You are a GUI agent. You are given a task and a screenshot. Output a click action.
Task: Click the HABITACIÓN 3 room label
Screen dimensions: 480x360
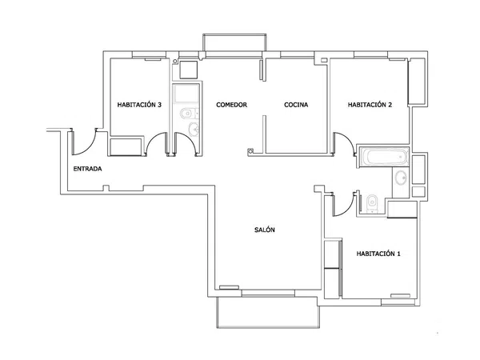coord(139,105)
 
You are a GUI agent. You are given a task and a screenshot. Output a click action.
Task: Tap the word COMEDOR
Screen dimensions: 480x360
coord(231,105)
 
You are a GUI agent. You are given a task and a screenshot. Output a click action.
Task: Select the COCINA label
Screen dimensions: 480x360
coord(296,105)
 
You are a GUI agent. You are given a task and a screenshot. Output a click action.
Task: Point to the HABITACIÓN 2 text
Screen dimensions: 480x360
coord(370,105)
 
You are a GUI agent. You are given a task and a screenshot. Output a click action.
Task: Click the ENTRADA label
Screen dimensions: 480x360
coord(87,169)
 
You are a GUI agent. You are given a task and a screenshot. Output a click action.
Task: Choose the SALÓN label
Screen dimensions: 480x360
coord(265,230)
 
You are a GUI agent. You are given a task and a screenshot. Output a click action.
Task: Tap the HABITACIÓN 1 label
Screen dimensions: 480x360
coord(378,254)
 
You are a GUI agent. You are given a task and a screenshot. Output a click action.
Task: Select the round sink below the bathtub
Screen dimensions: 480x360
coord(401,178)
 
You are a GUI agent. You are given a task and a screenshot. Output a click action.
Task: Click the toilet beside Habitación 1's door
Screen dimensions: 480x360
coord(372,202)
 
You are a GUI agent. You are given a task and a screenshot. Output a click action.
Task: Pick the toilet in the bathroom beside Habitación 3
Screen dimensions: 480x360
coord(186,114)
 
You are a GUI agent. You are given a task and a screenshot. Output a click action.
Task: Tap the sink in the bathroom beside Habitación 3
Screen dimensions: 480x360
coord(194,130)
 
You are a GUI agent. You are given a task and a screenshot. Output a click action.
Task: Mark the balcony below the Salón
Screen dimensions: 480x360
coord(268,312)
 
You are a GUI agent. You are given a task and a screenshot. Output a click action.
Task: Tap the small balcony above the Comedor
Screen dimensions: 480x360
coord(234,42)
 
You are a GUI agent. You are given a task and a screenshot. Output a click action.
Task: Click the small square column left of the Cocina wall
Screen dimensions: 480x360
coord(250,151)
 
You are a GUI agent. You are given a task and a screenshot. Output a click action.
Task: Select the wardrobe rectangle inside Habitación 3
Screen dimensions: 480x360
coord(126,146)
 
